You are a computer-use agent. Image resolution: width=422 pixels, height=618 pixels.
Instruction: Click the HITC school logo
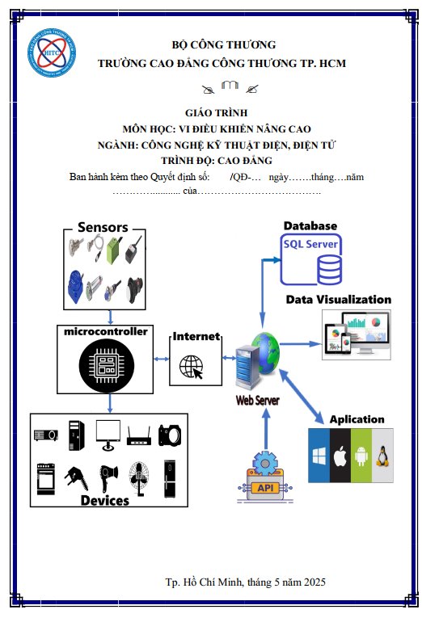click(52, 53)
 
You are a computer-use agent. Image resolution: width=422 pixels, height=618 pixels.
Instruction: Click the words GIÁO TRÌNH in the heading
click(216, 113)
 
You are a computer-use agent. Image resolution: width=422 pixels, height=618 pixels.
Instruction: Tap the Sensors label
click(103, 227)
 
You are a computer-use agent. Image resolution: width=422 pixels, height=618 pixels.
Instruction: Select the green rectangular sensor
click(114, 250)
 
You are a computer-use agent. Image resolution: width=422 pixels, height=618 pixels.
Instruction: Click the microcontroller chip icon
click(106, 365)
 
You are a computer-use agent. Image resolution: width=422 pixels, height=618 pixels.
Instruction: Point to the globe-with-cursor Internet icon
click(192, 367)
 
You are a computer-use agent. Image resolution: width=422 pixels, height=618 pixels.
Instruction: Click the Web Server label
click(258, 401)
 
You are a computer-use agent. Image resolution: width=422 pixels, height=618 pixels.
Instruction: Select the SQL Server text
click(310, 244)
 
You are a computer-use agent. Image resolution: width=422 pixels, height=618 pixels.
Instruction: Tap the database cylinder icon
click(329, 270)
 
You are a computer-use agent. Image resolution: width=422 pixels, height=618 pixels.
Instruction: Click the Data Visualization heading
click(339, 300)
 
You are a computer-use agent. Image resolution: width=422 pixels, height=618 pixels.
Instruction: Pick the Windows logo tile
click(319, 456)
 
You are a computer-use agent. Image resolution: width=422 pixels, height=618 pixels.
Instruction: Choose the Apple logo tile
click(340, 456)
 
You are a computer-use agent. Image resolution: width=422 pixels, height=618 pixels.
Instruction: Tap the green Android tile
click(361, 456)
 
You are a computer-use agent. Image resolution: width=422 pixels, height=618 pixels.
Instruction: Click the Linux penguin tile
click(382, 456)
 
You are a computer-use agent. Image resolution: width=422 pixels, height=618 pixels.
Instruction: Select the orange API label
click(265, 488)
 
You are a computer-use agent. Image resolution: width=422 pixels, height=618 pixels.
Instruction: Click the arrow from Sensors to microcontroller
click(110, 317)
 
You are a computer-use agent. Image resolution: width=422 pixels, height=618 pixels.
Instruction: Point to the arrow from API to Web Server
click(266, 430)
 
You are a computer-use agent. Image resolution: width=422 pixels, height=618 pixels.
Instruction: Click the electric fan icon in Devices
click(139, 478)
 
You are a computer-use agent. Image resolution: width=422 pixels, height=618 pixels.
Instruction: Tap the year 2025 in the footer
click(314, 582)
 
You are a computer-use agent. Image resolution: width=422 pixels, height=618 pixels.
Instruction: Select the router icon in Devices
click(139, 436)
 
